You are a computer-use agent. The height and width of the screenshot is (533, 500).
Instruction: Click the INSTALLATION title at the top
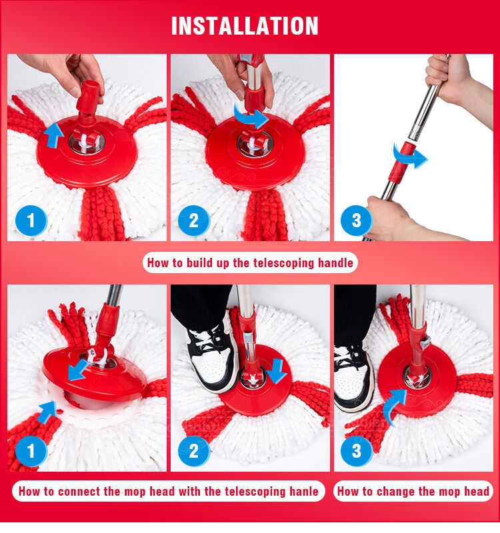click(245, 26)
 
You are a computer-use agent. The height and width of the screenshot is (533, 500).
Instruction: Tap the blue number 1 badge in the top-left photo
click(31, 221)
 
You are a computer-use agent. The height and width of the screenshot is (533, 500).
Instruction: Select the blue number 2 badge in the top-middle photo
click(193, 221)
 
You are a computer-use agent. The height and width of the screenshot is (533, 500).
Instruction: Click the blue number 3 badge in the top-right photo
click(356, 221)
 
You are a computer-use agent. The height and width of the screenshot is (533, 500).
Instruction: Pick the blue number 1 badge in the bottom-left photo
click(31, 451)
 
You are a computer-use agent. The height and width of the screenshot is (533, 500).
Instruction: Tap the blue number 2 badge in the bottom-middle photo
click(193, 451)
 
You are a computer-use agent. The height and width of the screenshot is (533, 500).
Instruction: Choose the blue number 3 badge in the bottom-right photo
click(356, 451)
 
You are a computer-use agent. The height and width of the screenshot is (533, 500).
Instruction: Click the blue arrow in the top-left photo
click(53, 136)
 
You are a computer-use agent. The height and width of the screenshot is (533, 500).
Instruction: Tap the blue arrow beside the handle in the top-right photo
click(410, 157)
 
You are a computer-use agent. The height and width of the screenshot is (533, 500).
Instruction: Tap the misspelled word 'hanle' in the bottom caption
click(304, 491)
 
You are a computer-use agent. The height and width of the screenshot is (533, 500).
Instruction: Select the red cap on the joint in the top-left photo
click(88, 97)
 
